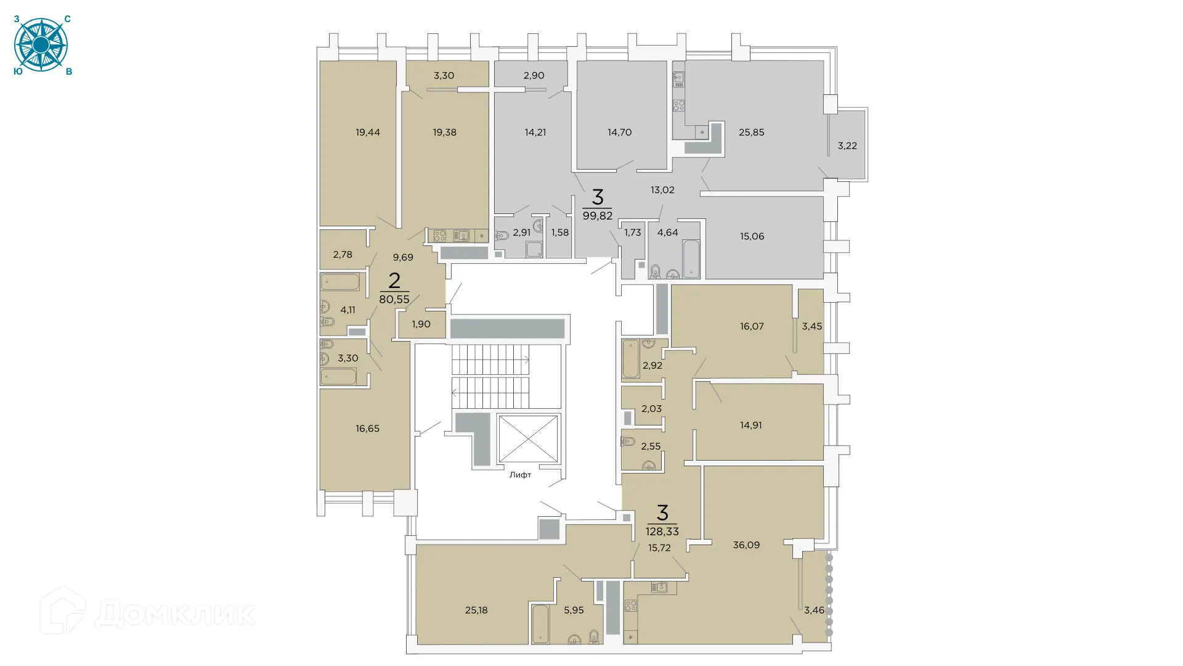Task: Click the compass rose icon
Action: pos(41,45)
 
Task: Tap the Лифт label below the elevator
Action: pos(520,475)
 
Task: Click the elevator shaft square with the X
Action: pos(527,438)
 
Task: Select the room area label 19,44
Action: pos(368,132)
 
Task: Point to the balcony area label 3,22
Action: pos(847,146)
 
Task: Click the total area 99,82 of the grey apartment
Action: pos(597,216)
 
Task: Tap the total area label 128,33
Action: pos(662,532)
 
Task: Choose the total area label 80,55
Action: pos(394,300)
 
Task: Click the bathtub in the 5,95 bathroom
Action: pos(540,624)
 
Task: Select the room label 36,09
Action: pos(746,545)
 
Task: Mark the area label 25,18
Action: pos(476,610)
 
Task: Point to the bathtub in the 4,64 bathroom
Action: pos(691,258)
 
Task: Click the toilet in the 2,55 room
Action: pos(628,442)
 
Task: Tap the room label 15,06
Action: pos(752,236)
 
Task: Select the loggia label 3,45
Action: pos(811,326)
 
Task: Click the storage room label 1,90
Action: pos(421,324)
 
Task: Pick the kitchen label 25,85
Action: pos(751,132)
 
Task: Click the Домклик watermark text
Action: pos(175,614)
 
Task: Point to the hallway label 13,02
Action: pos(662,190)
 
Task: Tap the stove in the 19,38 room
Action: pos(439,236)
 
